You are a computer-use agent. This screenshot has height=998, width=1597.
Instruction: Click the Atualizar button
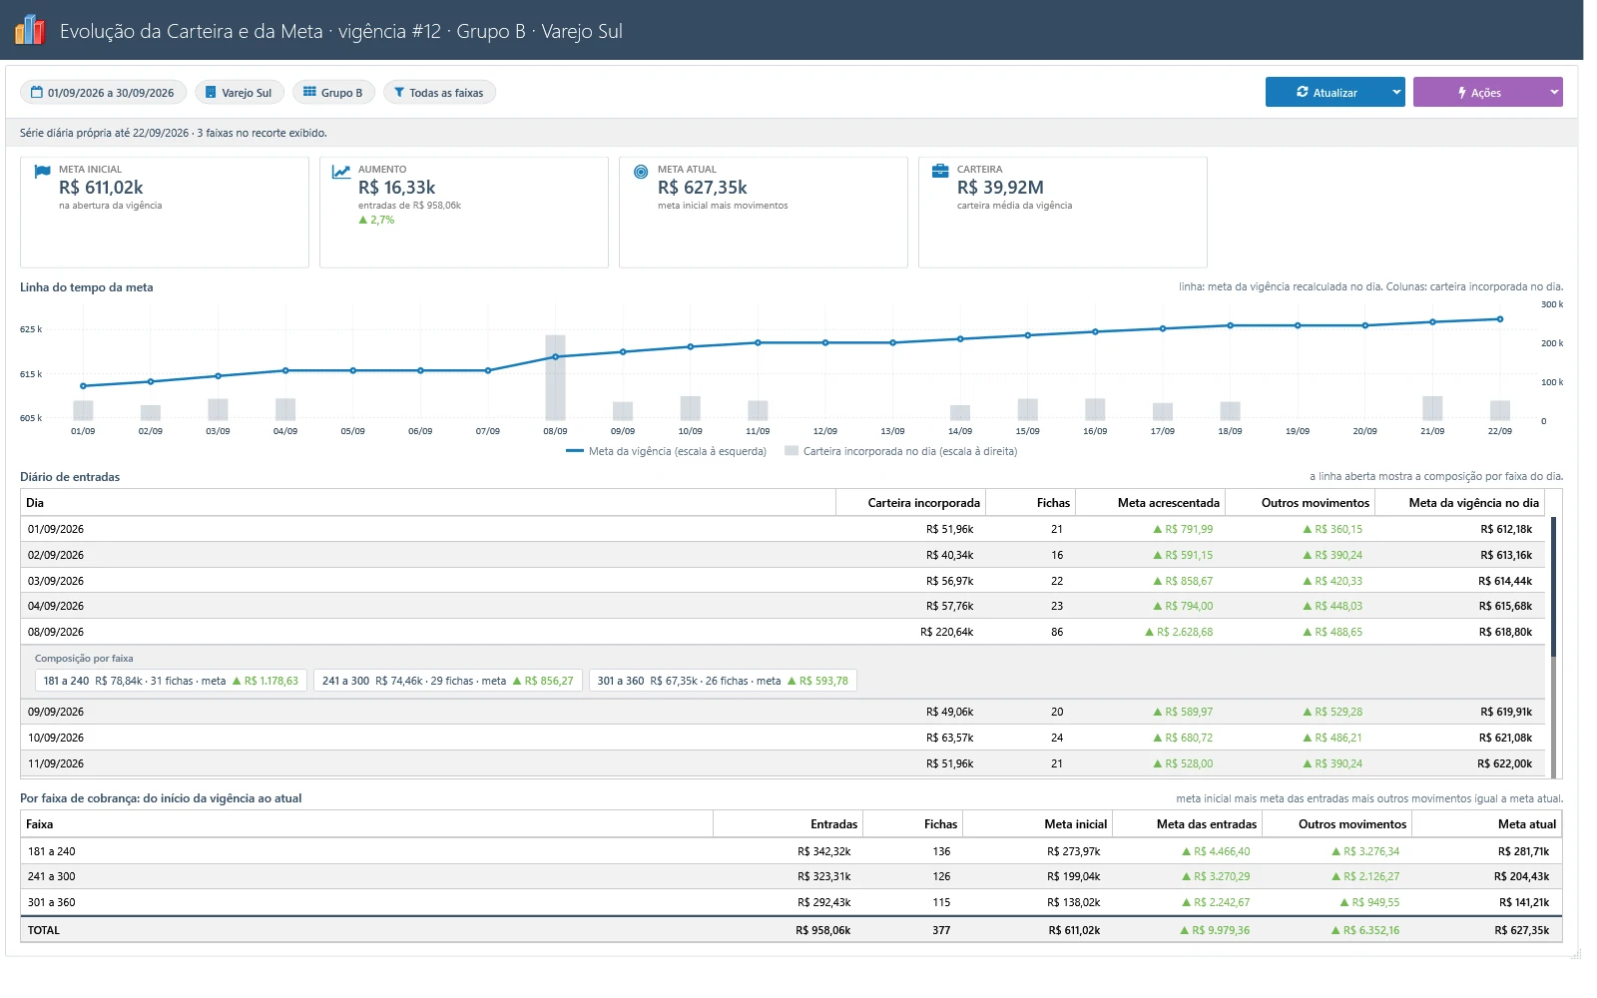pyautogui.click(x=1327, y=92)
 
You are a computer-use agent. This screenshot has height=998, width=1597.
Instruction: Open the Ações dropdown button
pyautogui.click(x=1553, y=92)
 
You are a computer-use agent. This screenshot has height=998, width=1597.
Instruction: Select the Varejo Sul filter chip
pyautogui.click(x=239, y=92)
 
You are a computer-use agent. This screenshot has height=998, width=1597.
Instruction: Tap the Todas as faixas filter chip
pyautogui.click(x=439, y=92)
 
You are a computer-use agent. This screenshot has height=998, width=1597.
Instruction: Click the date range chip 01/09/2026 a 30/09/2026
pyautogui.click(x=104, y=92)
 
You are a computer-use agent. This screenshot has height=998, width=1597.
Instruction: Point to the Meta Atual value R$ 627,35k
pyautogui.click(x=702, y=187)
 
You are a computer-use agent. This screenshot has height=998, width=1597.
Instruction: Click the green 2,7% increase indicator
pyautogui.click(x=376, y=220)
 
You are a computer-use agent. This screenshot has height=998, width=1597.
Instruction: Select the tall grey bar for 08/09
pyautogui.click(x=555, y=377)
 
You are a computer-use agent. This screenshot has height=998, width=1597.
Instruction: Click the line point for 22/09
pyautogui.click(x=1500, y=319)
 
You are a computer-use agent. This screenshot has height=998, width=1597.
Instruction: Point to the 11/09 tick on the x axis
pyautogui.click(x=758, y=430)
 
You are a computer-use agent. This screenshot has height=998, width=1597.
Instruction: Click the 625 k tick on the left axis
pyautogui.click(x=31, y=329)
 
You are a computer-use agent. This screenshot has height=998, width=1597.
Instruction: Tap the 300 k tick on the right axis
pyautogui.click(x=1552, y=304)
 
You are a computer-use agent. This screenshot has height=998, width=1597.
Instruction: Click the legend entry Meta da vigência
pyautogui.click(x=666, y=451)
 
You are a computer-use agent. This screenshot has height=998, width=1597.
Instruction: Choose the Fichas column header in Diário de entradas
pyautogui.click(x=1053, y=503)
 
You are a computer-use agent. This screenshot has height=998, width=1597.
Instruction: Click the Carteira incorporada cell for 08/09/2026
pyautogui.click(x=947, y=632)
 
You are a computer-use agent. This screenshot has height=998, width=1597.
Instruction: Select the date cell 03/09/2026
pyautogui.click(x=56, y=581)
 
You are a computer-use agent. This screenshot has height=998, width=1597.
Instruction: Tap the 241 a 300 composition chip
pyautogui.click(x=448, y=681)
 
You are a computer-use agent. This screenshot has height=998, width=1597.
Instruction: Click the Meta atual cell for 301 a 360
pyautogui.click(x=1523, y=902)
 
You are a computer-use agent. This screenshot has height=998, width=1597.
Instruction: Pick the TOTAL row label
pyautogui.click(x=44, y=930)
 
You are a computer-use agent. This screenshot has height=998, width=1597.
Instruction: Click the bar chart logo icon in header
pyautogui.click(x=30, y=30)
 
